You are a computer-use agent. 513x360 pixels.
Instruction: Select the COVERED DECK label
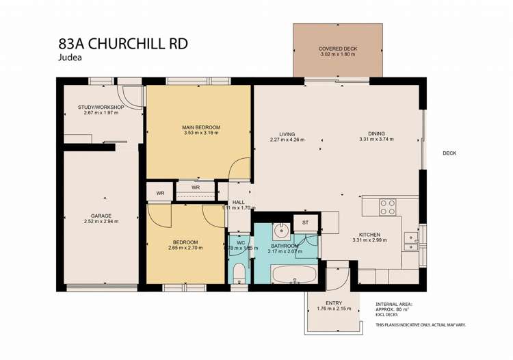(338, 49)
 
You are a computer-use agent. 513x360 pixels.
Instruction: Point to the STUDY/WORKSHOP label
(101, 107)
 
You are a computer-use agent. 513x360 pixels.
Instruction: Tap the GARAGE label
(101, 216)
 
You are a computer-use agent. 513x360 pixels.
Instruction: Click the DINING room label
(376, 134)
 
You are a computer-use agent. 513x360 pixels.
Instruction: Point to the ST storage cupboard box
(306, 222)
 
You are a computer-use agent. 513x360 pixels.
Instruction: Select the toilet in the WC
(238, 274)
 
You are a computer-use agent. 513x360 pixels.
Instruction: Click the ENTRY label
(334, 303)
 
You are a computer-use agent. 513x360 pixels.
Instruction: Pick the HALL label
(238, 202)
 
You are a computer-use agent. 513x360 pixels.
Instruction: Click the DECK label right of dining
(449, 153)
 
